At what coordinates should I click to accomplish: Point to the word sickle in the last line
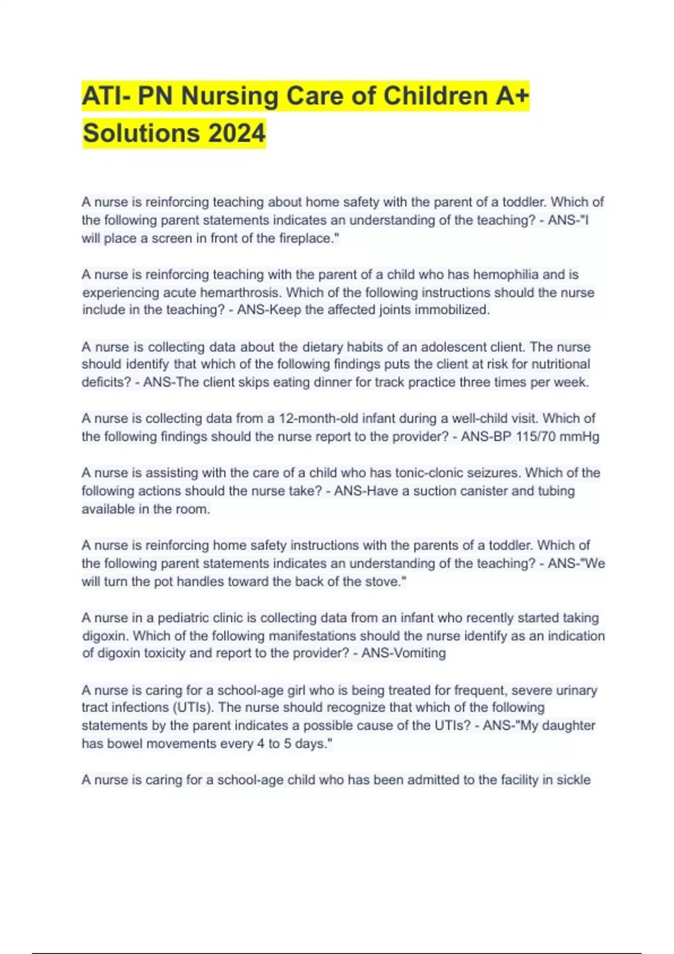click(573, 780)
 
